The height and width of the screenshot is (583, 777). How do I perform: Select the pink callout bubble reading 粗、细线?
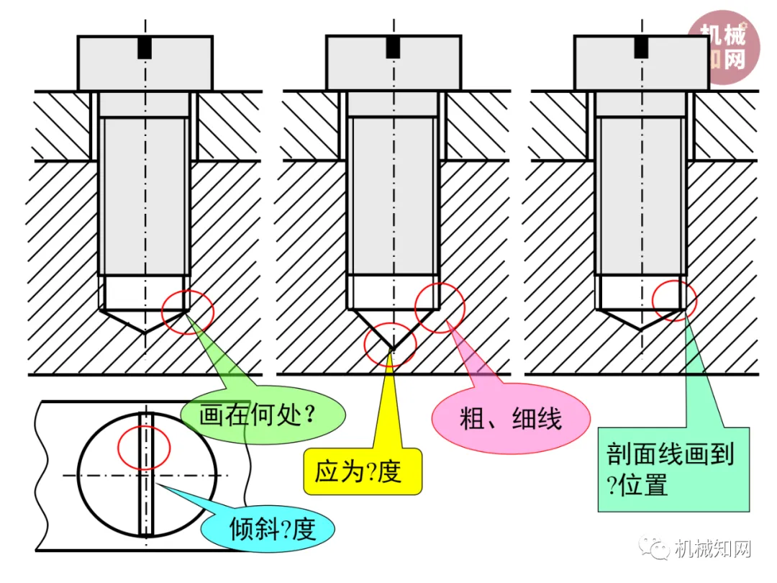pos(511,419)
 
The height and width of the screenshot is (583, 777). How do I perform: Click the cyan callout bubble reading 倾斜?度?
pos(273,530)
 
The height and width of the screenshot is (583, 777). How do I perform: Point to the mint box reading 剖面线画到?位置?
pos(673,469)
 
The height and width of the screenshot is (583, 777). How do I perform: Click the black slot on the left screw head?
pos(145,48)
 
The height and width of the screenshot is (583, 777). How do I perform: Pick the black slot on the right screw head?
pos(642,47)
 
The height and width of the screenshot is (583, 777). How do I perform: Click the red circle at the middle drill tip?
pos(391,345)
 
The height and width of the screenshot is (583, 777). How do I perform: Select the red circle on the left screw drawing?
pos(188,312)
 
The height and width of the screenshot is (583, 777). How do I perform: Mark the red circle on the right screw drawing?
pos(675,298)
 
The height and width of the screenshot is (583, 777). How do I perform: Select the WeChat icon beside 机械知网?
pos(659,551)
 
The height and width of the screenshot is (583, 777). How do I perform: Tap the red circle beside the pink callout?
pos(440,307)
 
